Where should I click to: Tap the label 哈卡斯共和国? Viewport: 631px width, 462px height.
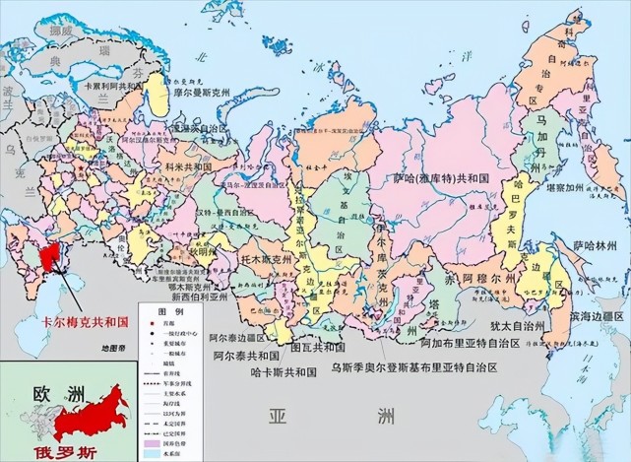[283, 373]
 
